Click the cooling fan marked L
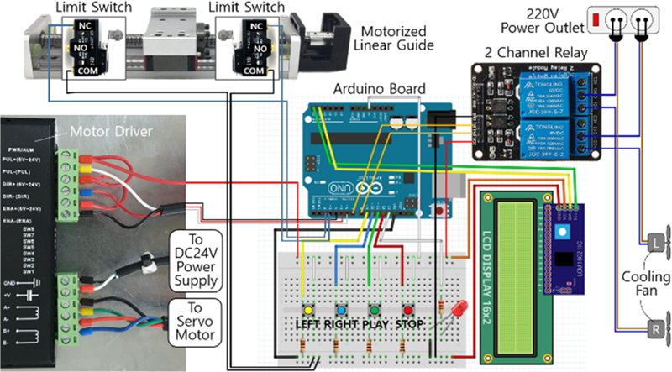pyautogui.click(x=654, y=243)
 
